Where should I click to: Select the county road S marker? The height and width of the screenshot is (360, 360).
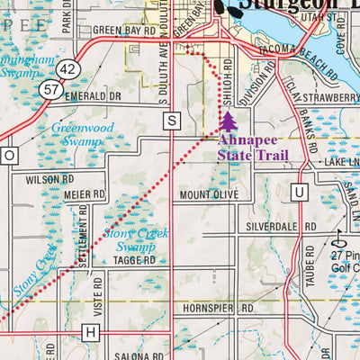pyautogui.click(x=171, y=120)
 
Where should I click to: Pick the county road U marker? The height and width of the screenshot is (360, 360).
pyautogui.click(x=299, y=191)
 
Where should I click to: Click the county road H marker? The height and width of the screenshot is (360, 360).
pyautogui.click(x=89, y=332)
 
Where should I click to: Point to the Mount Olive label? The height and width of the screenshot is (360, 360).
pyautogui.click(x=208, y=194)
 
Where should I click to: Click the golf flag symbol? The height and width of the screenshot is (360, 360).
pyautogui.click(x=339, y=238)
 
